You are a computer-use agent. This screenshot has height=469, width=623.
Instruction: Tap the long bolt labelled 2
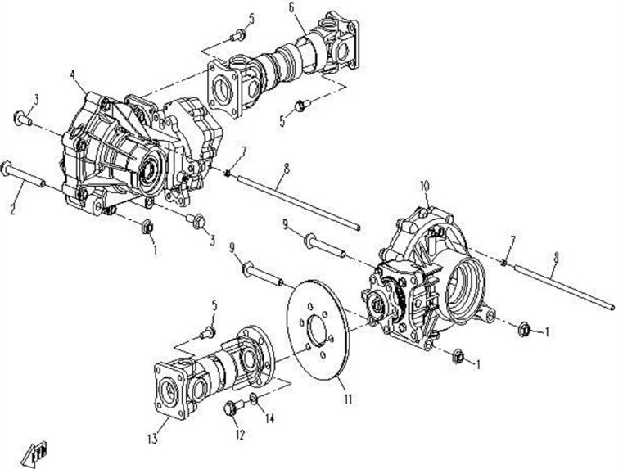24,174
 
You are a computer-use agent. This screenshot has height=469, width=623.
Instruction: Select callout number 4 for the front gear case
72,74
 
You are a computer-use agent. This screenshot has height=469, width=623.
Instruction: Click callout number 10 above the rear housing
425,187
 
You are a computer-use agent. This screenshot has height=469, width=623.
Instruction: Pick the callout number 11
348,399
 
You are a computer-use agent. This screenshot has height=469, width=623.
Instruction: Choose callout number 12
240,435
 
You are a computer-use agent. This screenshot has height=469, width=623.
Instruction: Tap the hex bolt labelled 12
233,408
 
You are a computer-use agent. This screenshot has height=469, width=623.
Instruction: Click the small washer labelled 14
253,399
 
